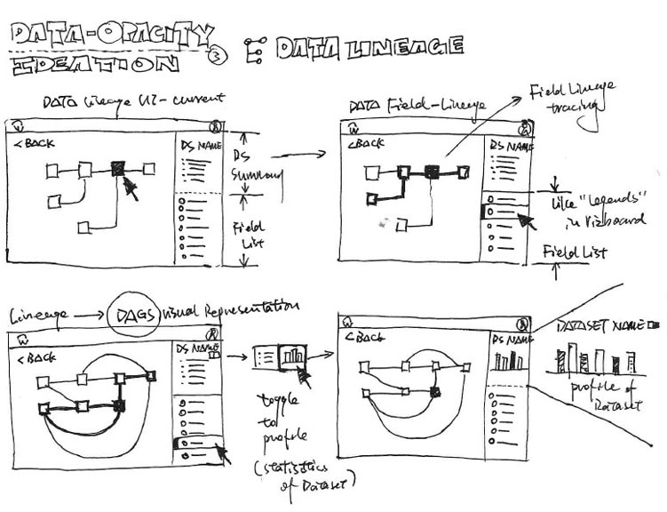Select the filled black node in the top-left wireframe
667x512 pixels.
click(118, 168)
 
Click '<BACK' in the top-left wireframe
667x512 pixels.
click(35, 141)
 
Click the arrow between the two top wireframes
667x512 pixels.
click(306, 157)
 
